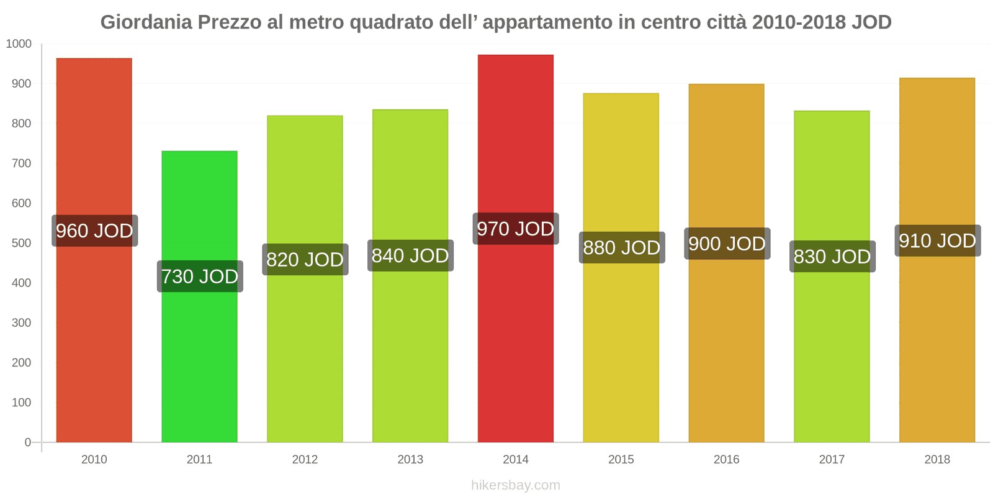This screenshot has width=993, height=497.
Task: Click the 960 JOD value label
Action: point(94,231)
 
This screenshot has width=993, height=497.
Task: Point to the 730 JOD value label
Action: point(200,276)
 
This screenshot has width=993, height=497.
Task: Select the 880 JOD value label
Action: point(621,248)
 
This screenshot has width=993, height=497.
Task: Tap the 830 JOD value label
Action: point(832,257)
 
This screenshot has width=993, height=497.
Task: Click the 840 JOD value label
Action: point(410,255)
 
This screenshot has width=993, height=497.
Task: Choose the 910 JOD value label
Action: point(937,240)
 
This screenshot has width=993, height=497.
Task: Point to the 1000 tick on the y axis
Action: point(19,44)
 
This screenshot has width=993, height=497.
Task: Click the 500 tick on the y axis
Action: point(21,243)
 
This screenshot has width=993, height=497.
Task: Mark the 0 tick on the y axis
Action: point(27,442)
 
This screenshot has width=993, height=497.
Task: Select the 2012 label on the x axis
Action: point(305,459)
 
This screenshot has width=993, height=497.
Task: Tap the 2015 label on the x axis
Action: point(621,459)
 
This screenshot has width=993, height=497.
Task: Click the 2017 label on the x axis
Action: point(832,459)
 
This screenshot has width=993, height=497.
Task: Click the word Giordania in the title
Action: point(146,22)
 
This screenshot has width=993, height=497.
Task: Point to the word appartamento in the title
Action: point(547,22)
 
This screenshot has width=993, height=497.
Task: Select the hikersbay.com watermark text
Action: point(515,485)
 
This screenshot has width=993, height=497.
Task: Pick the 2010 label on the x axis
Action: point(94,459)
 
